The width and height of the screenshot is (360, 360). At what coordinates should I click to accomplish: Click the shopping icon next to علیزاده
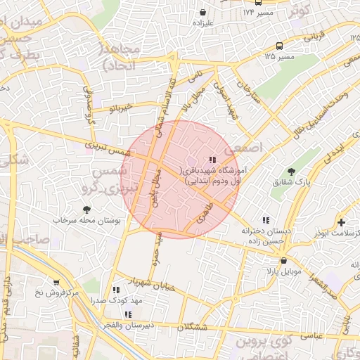[203, 12]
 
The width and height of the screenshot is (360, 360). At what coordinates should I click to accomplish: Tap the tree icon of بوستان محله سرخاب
[86, 210]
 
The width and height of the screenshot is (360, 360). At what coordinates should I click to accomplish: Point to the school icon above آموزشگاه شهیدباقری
[213, 160]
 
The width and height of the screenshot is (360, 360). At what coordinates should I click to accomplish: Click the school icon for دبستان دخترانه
[265, 220]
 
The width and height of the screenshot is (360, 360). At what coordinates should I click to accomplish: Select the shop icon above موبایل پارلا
[283, 260]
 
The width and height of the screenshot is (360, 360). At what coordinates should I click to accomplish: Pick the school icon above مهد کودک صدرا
[116, 289]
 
